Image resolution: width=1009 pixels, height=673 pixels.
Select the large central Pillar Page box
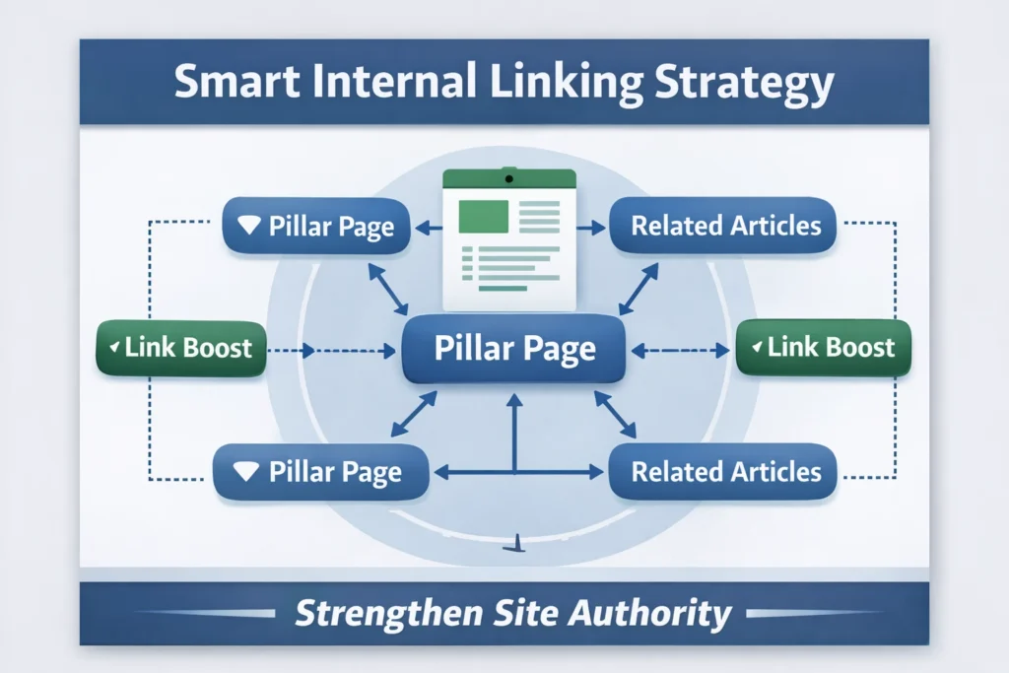point(514,349)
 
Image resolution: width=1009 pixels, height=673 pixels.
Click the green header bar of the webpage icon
point(508,178)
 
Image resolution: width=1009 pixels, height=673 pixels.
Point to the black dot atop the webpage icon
point(508,178)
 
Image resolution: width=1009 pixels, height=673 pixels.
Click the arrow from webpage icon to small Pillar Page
point(428,228)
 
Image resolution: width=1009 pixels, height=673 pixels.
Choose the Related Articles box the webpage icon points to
point(724,226)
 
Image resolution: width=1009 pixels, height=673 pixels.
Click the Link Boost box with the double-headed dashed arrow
point(823,347)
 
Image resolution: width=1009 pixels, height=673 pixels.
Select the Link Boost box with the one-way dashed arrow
point(181,348)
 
